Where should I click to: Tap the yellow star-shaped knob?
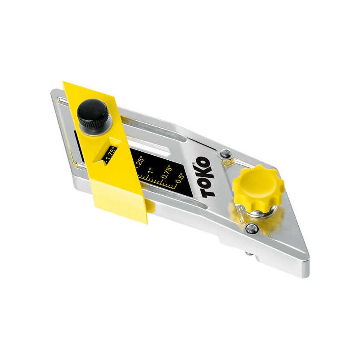tap(258, 188)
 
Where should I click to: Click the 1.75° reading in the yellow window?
tap(110, 154)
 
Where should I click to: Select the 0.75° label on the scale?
tap(166, 171)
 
